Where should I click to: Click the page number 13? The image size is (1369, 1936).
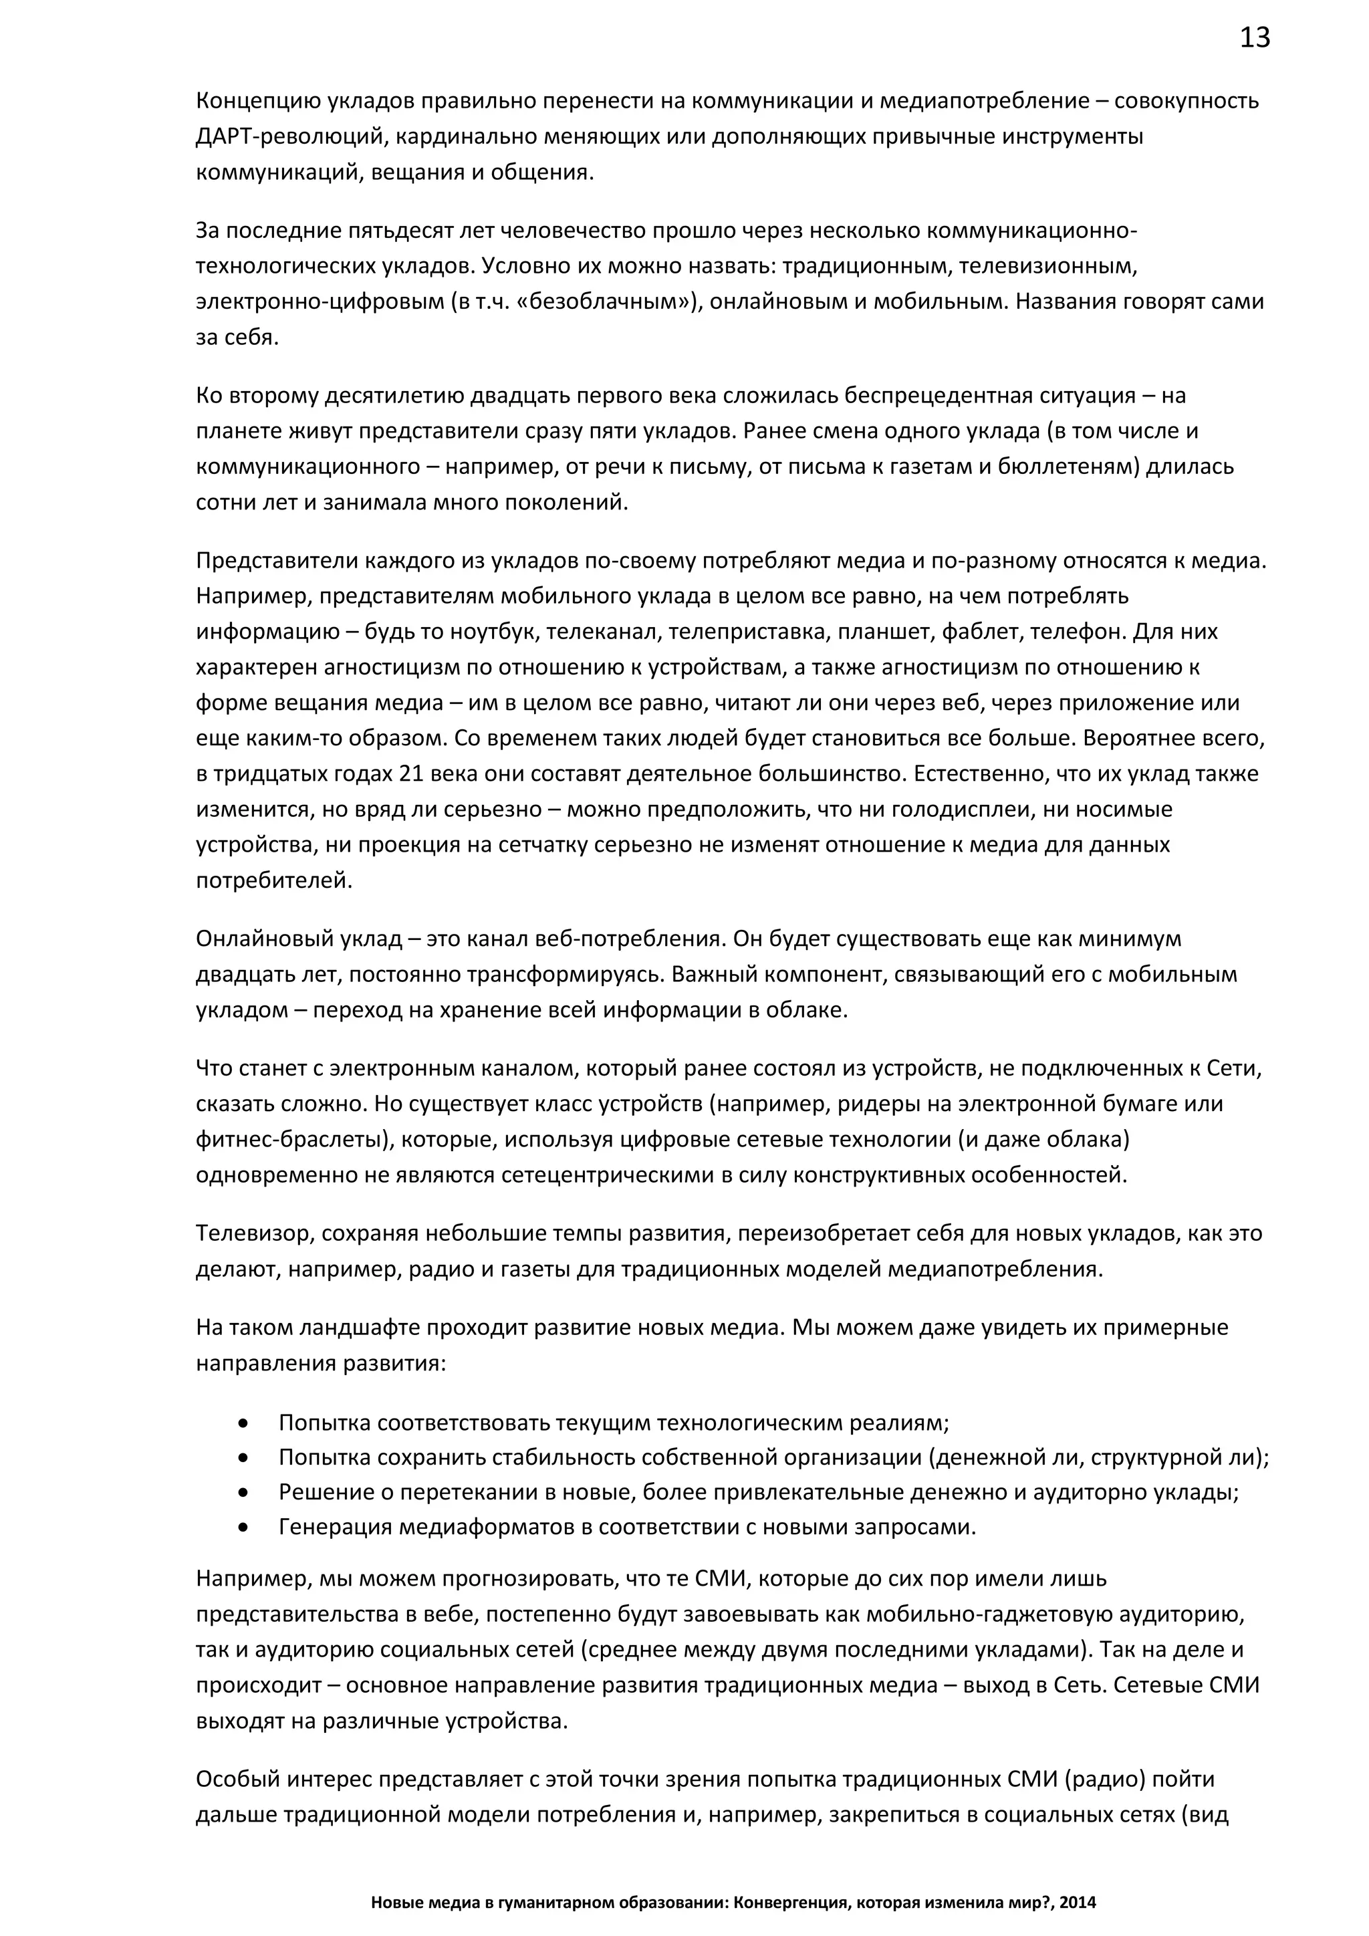1254,38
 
